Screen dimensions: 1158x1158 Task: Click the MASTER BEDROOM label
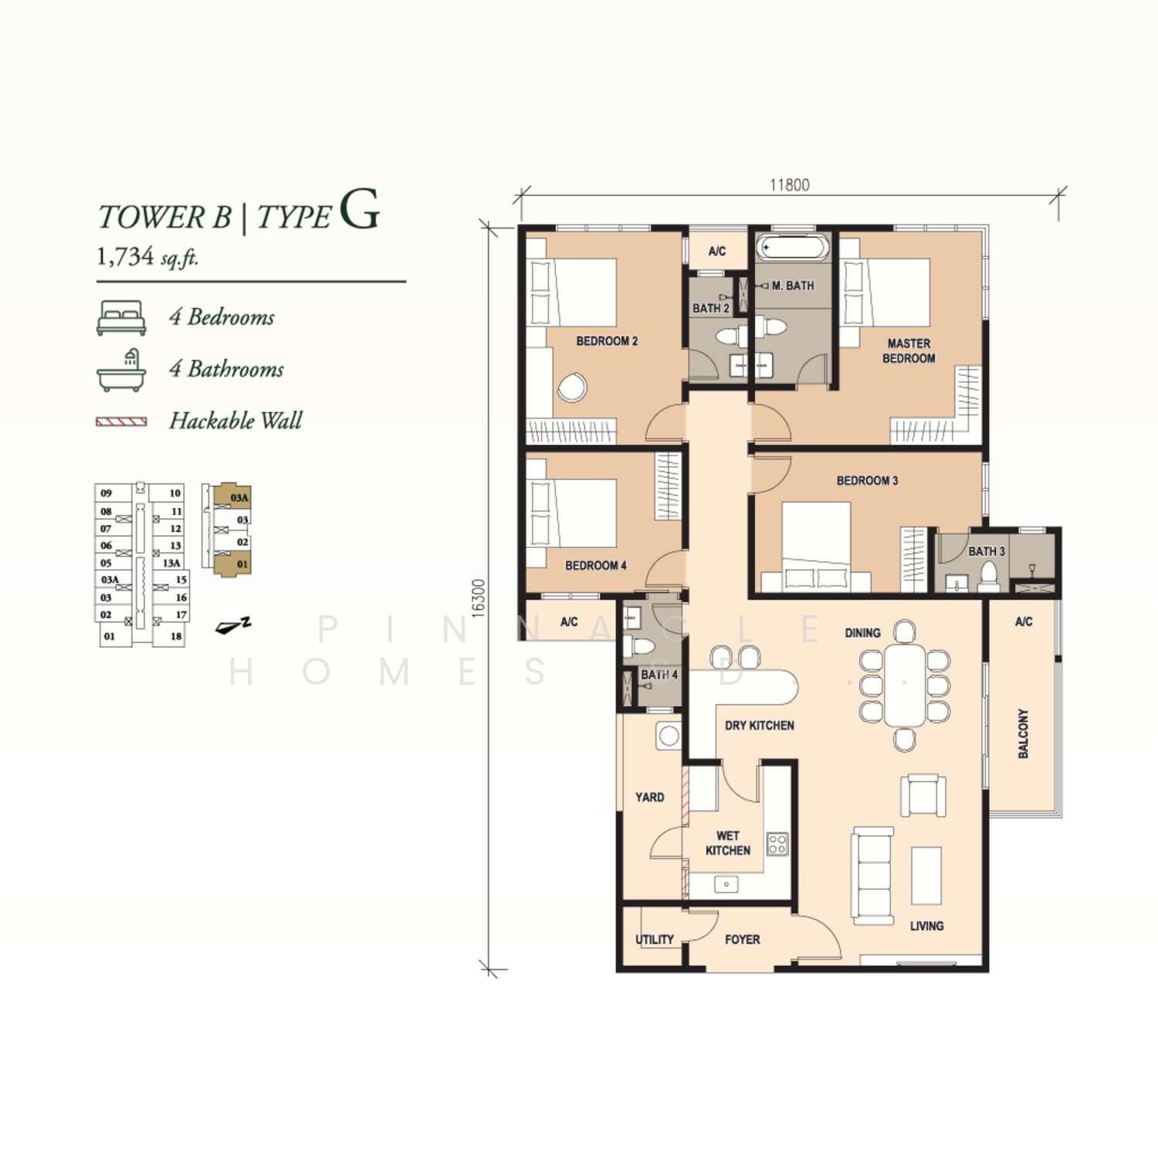point(909,350)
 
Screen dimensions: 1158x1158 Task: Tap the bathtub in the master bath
point(793,248)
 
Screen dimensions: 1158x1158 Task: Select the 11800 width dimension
point(789,185)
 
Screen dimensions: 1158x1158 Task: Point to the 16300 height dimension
point(479,598)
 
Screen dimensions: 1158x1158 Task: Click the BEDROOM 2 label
point(607,341)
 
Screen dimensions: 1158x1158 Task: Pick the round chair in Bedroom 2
point(572,387)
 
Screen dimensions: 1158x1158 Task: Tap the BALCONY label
point(1023,733)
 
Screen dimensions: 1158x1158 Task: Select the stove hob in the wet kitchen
point(777,844)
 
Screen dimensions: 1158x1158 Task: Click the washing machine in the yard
point(669,736)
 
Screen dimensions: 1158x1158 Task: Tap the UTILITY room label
point(655,940)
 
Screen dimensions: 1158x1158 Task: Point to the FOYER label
point(742,940)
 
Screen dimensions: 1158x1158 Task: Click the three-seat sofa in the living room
point(873,876)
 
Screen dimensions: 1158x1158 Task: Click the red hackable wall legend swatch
point(121,422)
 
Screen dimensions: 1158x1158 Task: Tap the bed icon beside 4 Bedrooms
point(121,318)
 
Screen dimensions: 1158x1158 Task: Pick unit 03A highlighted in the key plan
point(235,497)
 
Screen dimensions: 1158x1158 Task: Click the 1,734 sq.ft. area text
point(147,256)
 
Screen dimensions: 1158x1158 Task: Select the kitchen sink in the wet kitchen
point(726,884)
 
